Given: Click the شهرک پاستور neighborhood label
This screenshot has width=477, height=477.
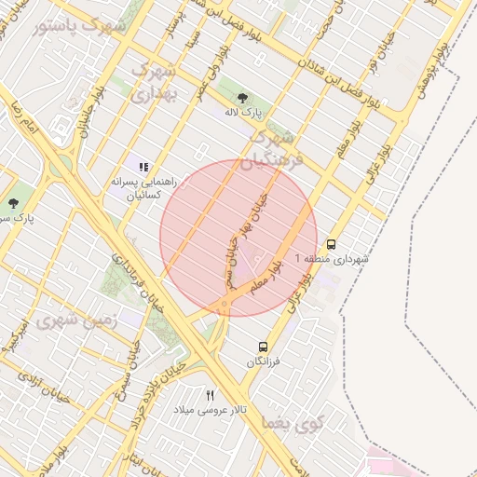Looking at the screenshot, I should click(x=79, y=26).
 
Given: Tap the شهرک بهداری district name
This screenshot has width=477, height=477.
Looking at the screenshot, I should click(x=154, y=82).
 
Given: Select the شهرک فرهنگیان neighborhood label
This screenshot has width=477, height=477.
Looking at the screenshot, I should click(x=271, y=150).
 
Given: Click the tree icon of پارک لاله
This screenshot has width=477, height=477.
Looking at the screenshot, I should click(x=243, y=98).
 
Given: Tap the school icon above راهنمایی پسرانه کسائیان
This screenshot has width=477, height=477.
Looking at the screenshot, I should click(x=143, y=167).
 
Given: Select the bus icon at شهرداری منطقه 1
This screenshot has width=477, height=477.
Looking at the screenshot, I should click(x=333, y=243).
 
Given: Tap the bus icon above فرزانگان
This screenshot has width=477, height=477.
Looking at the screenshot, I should click(x=264, y=345).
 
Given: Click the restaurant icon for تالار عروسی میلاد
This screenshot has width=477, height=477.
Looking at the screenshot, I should click(x=210, y=395).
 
